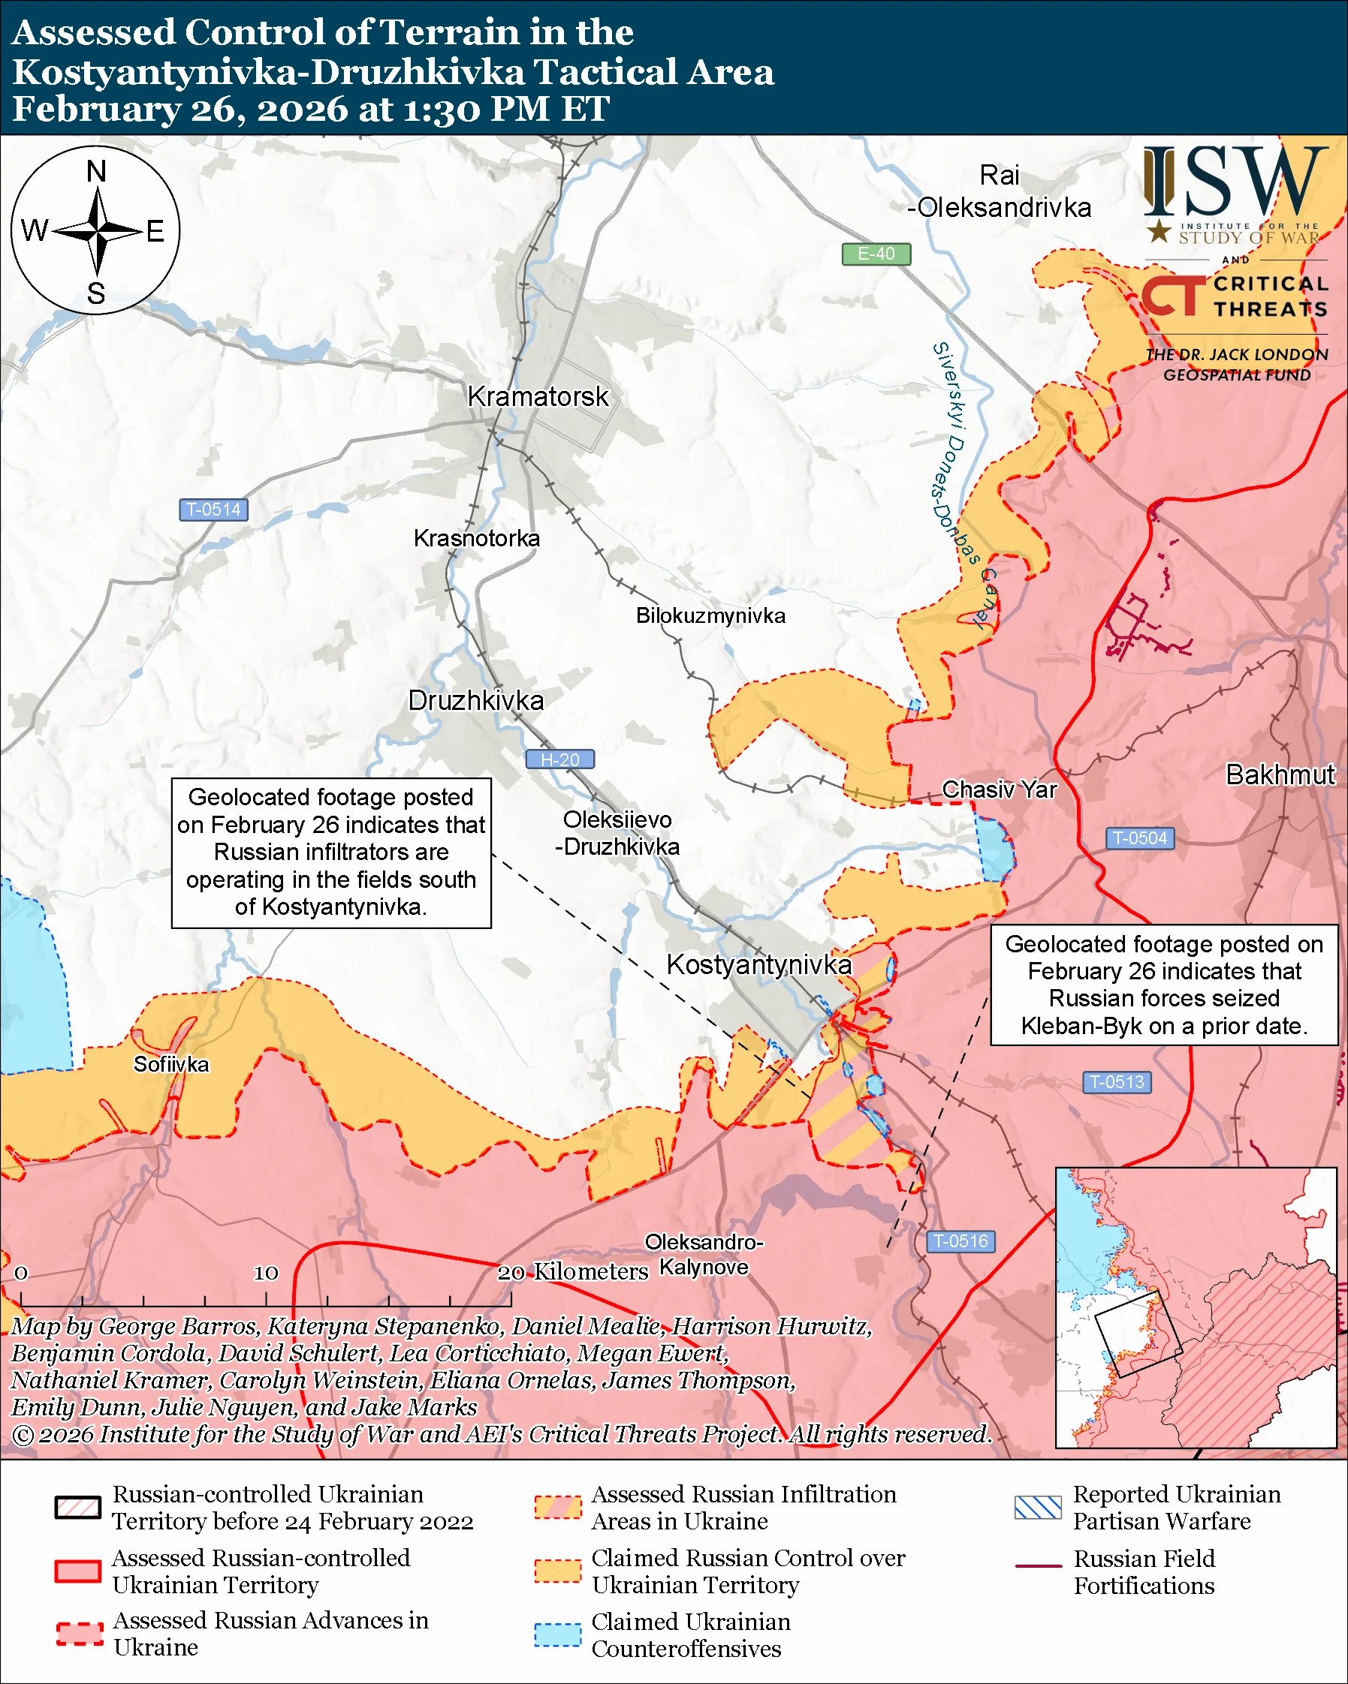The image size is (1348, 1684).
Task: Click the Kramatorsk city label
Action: tap(538, 397)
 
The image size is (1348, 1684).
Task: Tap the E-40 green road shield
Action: tap(876, 254)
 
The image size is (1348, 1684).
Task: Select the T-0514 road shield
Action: tap(213, 510)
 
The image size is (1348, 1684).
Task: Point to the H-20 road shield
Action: tap(559, 759)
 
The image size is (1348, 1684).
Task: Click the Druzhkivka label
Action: tap(476, 701)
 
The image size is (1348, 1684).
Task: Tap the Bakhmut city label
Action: tap(1280, 774)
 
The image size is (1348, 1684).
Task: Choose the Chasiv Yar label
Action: tap(999, 789)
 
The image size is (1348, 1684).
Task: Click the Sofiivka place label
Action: tap(171, 1065)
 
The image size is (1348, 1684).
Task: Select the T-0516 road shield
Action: tap(960, 1241)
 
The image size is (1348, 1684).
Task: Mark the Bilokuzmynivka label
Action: tap(710, 615)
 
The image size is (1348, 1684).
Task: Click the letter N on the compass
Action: tap(96, 171)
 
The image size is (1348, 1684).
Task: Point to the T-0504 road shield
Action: tap(1139, 838)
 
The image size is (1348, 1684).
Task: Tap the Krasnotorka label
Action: tap(477, 538)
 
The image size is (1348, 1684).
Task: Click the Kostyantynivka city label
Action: tap(758, 964)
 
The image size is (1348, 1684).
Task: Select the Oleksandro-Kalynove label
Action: tap(704, 1255)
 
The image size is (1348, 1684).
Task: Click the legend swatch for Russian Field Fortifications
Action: tap(1038, 1566)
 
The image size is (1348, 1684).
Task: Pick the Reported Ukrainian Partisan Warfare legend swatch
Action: tap(1038, 1508)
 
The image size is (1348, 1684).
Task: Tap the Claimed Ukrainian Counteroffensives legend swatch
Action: tap(557, 1634)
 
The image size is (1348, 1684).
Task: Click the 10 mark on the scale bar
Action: tap(266, 1274)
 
